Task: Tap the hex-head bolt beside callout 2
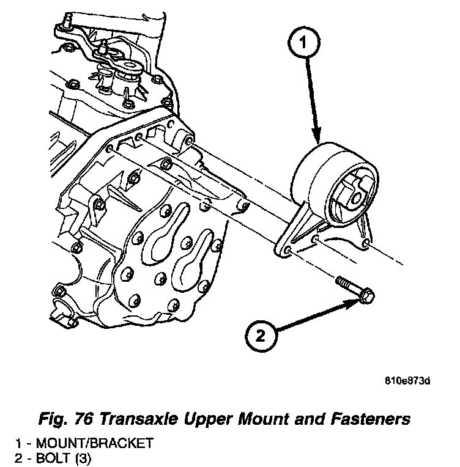pos(355,292)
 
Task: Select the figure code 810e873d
pos(408,382)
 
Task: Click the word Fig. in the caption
pos(51,419)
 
